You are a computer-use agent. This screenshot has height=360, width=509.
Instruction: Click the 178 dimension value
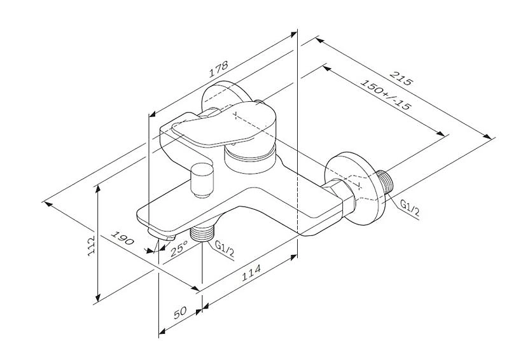[x=218, y=69]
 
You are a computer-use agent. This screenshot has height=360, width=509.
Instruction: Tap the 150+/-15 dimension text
[x=386, y=94]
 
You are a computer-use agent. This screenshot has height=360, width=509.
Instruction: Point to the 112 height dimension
[x=91, y=245]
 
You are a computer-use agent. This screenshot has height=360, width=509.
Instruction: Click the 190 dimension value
[x=122, y=238]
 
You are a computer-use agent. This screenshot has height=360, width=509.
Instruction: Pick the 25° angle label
[x=179, y=248]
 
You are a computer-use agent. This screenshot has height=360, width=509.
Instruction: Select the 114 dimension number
[x=251, y=273]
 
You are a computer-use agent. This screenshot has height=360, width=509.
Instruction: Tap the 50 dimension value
[x=181, y=312]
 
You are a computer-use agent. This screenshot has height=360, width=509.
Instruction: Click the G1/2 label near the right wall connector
[x=410, y=208]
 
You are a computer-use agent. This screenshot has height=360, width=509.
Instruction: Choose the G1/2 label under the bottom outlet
[x=225, y=249]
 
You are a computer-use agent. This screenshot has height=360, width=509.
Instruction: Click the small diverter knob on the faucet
[x=202, y=181]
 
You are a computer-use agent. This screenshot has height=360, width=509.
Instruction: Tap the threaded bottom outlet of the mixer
[x=202, y=232]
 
